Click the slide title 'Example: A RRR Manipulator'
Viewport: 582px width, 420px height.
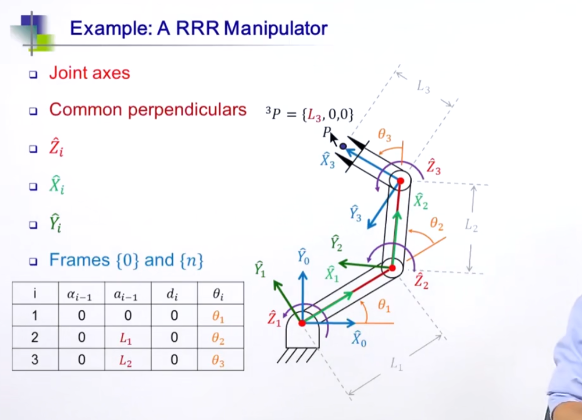(198, 28)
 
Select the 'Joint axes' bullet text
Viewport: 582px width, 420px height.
(90, 72)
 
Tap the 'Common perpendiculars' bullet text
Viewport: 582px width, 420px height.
(148, 109)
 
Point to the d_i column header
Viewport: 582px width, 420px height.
(174, 294)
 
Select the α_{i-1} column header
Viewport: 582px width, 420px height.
(82, 294)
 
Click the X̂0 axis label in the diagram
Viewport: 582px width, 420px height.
(359, 339)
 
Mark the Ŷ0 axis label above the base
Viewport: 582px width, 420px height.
(303, 257)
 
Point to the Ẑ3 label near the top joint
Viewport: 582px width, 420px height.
(433, 167)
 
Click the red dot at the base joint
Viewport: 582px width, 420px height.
(302, 323)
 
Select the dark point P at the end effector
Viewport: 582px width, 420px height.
(343, 146)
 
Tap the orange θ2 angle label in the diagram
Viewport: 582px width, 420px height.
(437, 224)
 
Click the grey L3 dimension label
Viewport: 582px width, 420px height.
(424, 87)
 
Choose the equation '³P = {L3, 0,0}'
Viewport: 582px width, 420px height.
(310, 114)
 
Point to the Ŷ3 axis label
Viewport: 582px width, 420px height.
(355, 213)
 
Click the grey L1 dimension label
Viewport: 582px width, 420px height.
(396, 365)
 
